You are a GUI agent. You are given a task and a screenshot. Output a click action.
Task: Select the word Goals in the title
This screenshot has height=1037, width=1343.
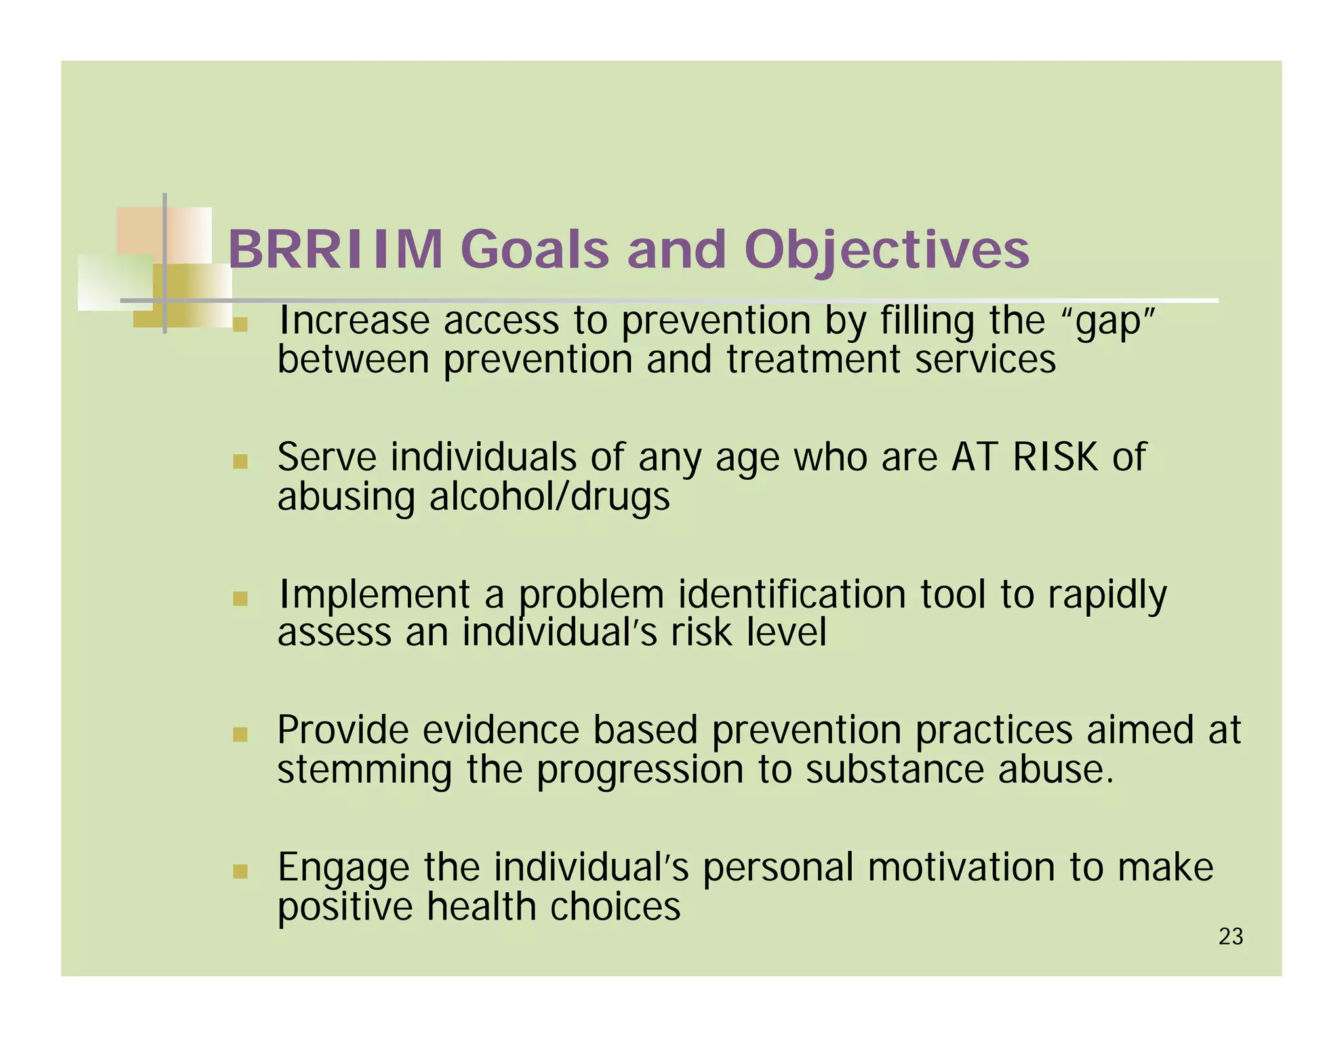(534, 250)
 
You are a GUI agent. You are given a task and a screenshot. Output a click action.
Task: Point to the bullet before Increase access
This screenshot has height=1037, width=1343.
(240, 324)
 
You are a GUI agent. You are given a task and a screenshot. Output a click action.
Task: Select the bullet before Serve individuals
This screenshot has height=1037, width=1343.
(240, 461)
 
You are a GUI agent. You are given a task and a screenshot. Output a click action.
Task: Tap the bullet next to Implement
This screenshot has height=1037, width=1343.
(240, 598)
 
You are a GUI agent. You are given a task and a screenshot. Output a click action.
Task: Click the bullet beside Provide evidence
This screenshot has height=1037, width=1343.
(240, 735)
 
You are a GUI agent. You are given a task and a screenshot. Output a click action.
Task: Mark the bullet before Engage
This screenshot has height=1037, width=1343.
(240, 872)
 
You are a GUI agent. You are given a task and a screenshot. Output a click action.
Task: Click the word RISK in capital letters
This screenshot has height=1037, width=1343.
(1054, 457)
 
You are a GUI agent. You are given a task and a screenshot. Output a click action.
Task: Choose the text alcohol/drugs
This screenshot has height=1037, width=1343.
(550, 497)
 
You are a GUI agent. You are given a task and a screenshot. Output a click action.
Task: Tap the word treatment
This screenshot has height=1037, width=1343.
(813, 360)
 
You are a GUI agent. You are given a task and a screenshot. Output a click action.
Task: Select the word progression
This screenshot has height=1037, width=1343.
(639, 771)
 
